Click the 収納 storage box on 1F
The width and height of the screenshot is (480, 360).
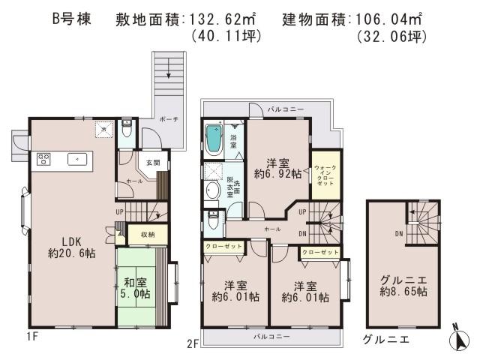click(x=147, y=235)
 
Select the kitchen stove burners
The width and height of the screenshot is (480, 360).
click(x=43, y=159)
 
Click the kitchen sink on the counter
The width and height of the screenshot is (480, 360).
click(x=78, y=159)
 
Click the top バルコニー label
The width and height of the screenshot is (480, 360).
click(x=286, y=109)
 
